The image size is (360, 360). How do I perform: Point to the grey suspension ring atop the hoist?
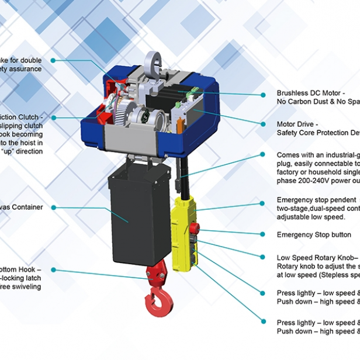[x=154, y=60]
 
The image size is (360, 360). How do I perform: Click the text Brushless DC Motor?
[x=310, y=93]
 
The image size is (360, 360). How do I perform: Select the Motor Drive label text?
[x=297, y=124]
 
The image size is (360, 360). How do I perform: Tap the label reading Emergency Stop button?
[x=314, y=235]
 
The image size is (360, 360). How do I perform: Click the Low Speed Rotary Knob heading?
[x=316, y=258]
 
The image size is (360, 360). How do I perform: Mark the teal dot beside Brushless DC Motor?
[x=263, y=93]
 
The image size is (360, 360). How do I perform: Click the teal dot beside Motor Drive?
[x=263, y=124]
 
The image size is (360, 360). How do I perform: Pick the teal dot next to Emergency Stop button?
[x=263, y=235]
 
